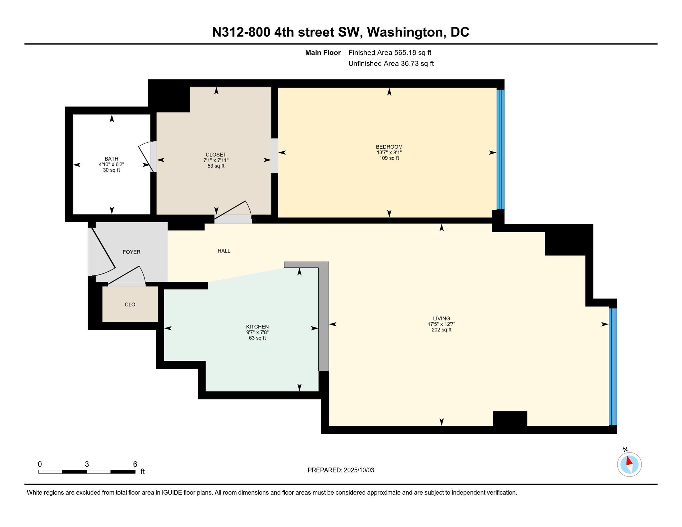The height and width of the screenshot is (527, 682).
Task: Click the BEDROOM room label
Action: coord(389,147)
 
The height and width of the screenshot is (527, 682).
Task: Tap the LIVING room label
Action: coord(442,318)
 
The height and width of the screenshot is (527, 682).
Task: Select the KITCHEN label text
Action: coord(257,327)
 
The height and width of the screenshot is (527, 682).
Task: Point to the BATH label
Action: coord(112,159)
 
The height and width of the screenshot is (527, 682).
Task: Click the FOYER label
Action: coord(132,252)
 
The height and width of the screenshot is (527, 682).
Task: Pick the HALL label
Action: coord(224,251)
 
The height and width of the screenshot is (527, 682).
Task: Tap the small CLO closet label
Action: coord(130,304)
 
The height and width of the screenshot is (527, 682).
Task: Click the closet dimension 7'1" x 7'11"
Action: coord(216,160)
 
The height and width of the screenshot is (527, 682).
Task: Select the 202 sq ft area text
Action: coord(442,330)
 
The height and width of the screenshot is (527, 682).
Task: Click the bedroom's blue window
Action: coord(501,150)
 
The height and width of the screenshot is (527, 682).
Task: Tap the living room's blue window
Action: coord(613,367)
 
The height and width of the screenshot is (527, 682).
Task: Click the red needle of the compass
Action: coord(629,461)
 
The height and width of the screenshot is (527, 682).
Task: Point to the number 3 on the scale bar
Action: coord(87,464)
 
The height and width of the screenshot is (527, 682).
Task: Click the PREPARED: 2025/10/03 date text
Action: coord(341,470)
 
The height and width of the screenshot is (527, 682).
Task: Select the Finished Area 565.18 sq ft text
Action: coord(390,53)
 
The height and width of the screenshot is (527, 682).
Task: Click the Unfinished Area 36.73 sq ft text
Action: coord(391,64)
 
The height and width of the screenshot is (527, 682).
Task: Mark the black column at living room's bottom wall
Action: coord(510,418)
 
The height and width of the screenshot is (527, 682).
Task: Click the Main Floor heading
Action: coord(323,53)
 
